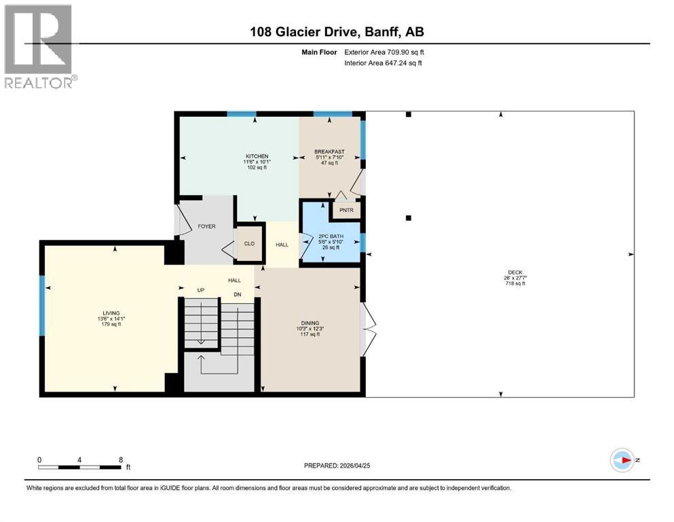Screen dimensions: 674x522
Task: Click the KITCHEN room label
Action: click(x=257, y=156)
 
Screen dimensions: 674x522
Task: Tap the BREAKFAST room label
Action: click(x=329, y=152)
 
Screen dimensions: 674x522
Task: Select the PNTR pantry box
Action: click(x=346, y=210)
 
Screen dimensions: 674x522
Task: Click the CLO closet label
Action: click(x=249, y=243)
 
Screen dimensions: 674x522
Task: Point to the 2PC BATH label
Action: click(x=331, y=237)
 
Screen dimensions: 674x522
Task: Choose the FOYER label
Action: click(x=207, y=226)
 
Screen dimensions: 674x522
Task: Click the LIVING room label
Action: click(x=111, y=313)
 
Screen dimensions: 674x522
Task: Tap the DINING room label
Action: click(x=310, y=323)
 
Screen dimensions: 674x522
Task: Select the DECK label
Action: click(x=515, y=273)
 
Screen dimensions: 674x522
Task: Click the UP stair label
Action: click(x=201, y=290)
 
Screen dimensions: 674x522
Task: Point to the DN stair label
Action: click(x=238, y=295)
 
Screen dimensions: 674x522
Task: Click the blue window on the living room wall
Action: click(x=42, y=306)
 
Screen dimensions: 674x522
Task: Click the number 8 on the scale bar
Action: click(x=121, y=459)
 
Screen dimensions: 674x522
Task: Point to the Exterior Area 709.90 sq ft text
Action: click(x=384, y=52)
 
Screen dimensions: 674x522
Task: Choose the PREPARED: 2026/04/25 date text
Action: click(x=337, y=466)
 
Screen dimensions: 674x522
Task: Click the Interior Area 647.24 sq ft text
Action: click(x=383, y=63)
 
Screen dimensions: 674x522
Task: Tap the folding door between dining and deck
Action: click(x=369, y=330)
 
